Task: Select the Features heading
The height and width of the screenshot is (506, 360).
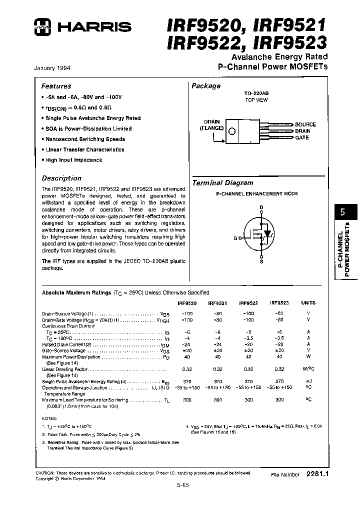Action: [x=56, y=86]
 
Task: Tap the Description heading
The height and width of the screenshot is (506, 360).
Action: [x=61, y=178]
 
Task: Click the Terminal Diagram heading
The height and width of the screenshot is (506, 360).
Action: [x=223, y=183]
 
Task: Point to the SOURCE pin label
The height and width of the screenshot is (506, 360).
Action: [x=305, y=124]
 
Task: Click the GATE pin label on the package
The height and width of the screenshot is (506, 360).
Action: [x=301, y=137]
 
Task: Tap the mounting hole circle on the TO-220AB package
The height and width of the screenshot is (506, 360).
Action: [x=232, y=132]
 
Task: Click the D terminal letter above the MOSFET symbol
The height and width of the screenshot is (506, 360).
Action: [x=260, y=207]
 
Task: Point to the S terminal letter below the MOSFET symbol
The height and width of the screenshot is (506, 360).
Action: [x=260, y=261]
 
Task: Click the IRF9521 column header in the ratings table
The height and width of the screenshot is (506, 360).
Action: [x=217, y=302]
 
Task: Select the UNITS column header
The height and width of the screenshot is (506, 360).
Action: [x=308, y=302]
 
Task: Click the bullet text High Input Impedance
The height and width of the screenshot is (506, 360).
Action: [x=73, y=160]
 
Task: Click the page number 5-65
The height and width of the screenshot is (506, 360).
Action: [x=182, y=484]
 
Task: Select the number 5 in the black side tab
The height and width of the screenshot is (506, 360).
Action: [x=343, y=212]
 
